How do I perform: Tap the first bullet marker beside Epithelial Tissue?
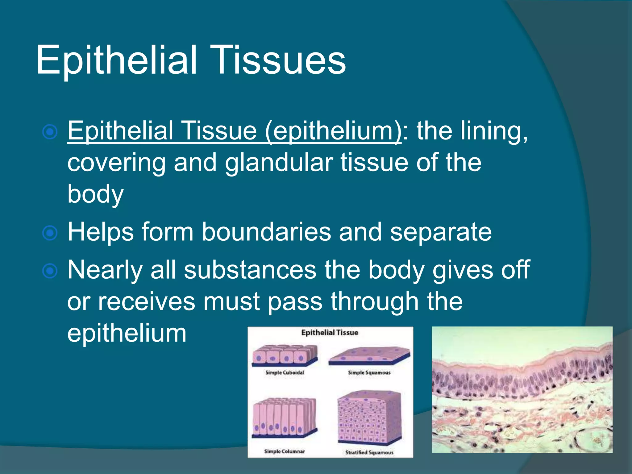click(x=50, y=132)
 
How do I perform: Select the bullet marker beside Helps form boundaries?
click(x=50, y=233)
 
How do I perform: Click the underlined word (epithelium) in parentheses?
click(x=333, y=131)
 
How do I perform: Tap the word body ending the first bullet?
click(x=95, y=194)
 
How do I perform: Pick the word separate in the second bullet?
click(x=440, y=232)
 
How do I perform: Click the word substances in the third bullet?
click(x=250, y=270)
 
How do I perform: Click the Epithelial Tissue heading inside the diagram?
click(x=330, y=333)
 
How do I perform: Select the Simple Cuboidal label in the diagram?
click(x=285, y=372)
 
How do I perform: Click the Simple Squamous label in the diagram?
click(x=369, y=372)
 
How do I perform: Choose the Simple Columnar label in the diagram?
click(x=284, y=451)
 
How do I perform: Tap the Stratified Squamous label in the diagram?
click(x=369, y=452)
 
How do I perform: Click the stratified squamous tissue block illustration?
click(x=369, y=417)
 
